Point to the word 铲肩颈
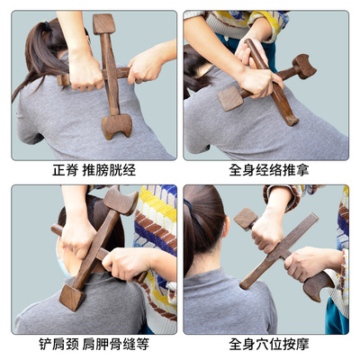click(59, 345)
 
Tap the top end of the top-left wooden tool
click(103, 23)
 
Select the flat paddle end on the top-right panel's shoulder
click(230, 98)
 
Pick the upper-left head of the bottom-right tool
click(246, 218)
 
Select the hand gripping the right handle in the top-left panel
click(147, 65)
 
